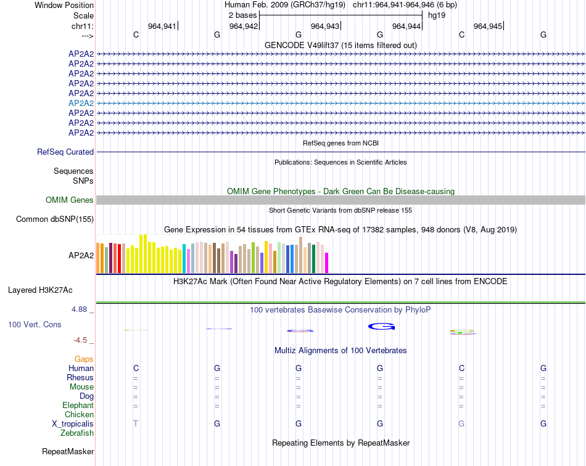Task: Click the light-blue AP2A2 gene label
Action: [x=81, y=103]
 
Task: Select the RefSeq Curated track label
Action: [x=65, y=152]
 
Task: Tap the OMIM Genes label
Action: [x=70, y=200]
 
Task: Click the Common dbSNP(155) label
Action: [x=55, y=219]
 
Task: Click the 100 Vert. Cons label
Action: [x=35, y=324]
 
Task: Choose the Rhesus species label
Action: [x=80, y=378]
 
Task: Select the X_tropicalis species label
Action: [x=73, y=424]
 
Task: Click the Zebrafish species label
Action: [x=77, y=433]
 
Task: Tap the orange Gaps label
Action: [x=84, y=359]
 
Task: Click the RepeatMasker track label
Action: [x=68, y=452]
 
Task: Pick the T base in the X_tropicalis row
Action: [x=136, y=424]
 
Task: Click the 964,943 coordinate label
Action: [x=325, y=26]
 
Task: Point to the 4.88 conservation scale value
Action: [x=80, y=309]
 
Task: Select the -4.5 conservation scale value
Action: [x=81, y=340]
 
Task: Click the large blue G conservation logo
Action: [x=381, y=326]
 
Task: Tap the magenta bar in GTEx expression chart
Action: [x=326, y=263]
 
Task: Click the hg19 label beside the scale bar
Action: [x=437, y=15]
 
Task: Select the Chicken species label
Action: [x=79, y=415]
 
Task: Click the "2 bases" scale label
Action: [x=240, y=15]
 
